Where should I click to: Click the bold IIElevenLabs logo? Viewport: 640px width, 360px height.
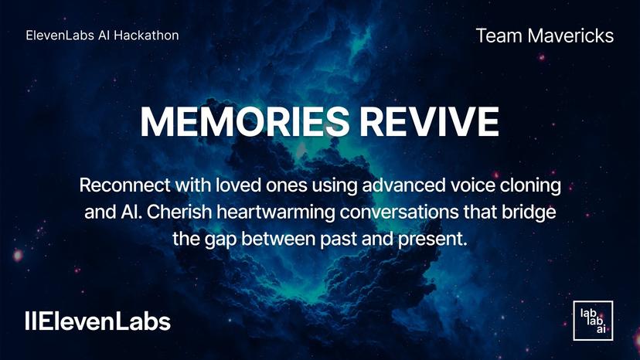(97, 321)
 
